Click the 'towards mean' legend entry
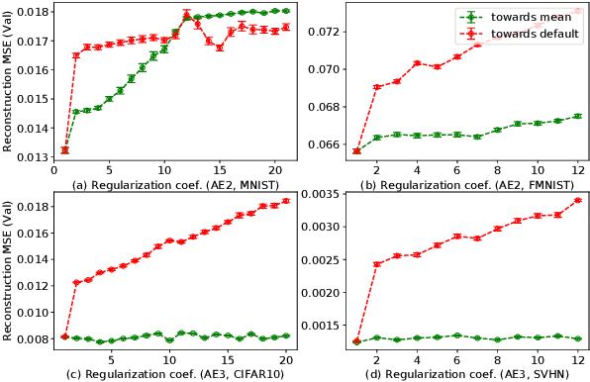[x=531, y=17]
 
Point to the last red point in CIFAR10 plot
[x=286, y=201]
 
